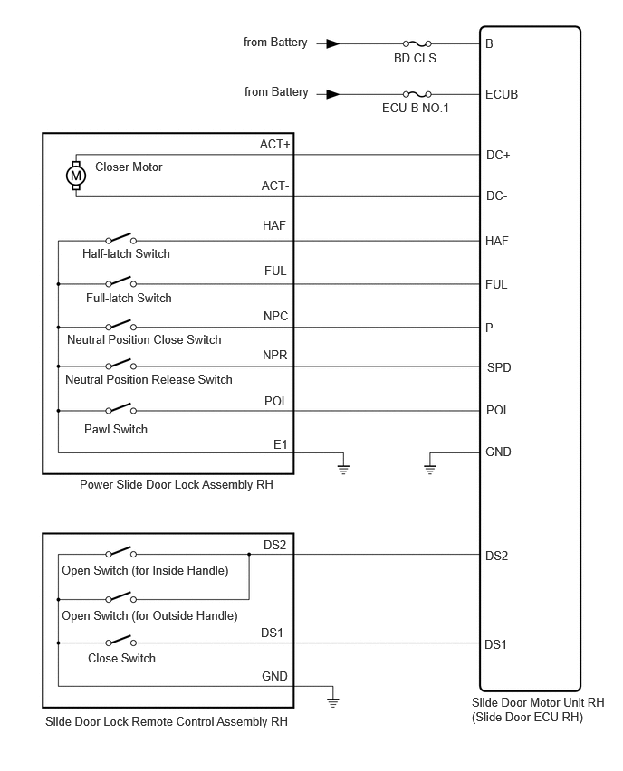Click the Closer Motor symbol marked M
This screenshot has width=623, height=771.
[x=76, y=176]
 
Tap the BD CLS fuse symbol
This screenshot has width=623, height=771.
[x=417, y=43]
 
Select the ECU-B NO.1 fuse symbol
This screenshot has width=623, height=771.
[x=417, y=94]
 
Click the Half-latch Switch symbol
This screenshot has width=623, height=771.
[x=120, y=239]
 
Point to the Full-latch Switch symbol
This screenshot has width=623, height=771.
[x=120, y=281]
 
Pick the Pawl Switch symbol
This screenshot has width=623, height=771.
[x=120, y=409]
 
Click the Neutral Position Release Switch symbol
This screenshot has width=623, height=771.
[x=120, y=365]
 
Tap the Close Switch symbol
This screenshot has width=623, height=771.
[x=120, y=641]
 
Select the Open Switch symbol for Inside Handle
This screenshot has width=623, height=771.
[x=120, y=552]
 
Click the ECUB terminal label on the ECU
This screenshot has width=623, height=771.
[x=502, y=94]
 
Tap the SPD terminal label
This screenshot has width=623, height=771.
[x=499, y=367]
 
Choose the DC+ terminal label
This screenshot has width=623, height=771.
[x=498, y=156]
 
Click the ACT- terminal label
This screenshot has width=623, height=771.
[x=275, y=186]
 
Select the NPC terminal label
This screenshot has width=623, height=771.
[x=275, y=316]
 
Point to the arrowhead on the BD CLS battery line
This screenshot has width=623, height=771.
[x=333, y=43]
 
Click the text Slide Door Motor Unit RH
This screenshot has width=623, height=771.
[x=538, y=702]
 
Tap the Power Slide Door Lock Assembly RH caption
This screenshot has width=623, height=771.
[x=177, y=485]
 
